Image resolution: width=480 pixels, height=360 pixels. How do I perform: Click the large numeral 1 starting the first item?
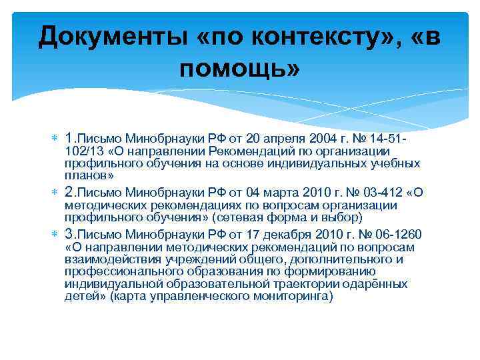click(70, 138)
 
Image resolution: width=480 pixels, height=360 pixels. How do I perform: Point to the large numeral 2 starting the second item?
click(70, 192)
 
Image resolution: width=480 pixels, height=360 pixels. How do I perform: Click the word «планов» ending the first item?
click(87, 175)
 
